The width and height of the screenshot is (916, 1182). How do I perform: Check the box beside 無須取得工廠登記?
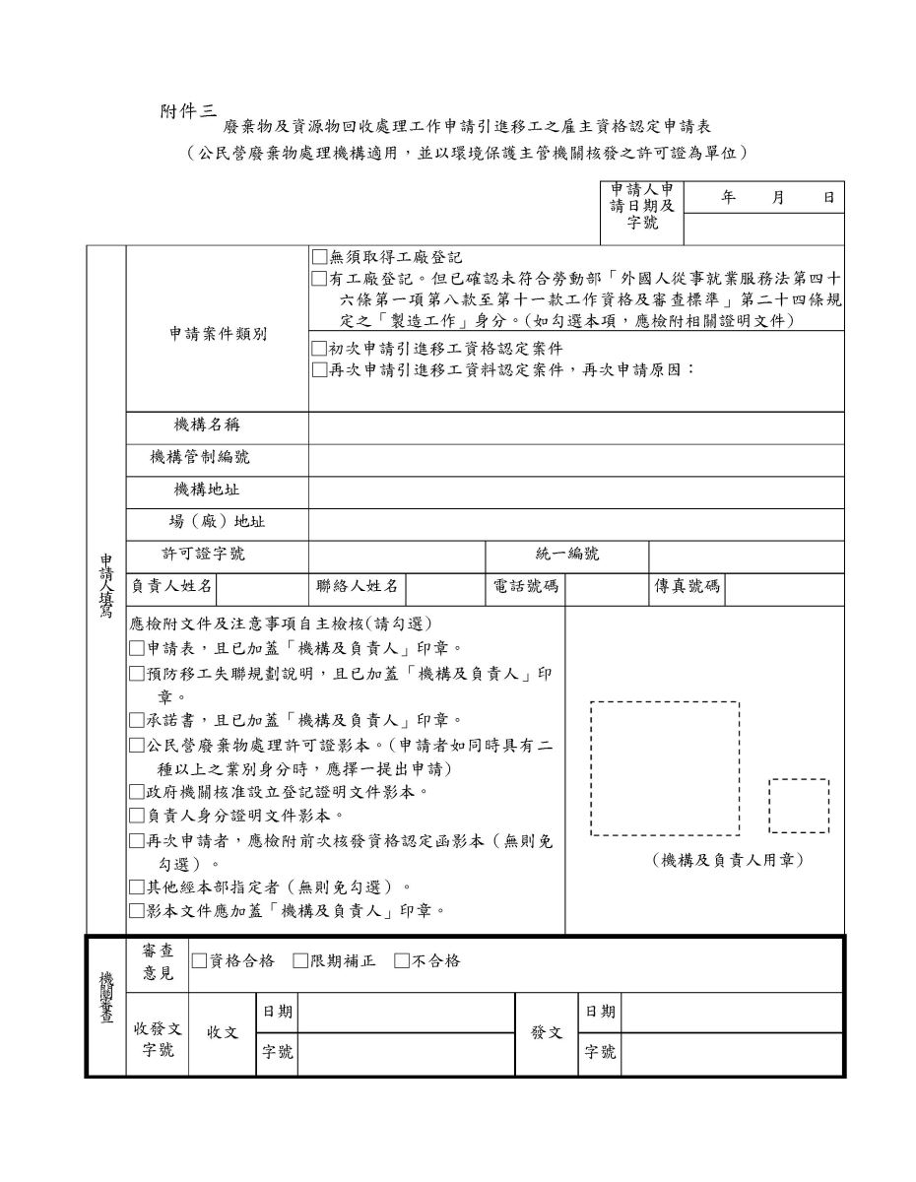point(318,258)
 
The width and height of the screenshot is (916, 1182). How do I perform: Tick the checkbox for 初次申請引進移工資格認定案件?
point(318,349)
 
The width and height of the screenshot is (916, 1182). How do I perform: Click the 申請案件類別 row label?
point(217,334)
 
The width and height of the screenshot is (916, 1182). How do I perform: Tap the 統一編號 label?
point(567,555)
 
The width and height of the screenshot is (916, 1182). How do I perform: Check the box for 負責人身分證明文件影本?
point(137,816)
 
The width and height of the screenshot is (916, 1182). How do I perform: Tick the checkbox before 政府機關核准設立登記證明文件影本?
point(137,792)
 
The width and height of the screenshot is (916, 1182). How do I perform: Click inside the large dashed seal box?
point(664,768)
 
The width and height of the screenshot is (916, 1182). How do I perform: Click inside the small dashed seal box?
point(798,806)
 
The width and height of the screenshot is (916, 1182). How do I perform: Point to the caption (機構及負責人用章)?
point(728,861)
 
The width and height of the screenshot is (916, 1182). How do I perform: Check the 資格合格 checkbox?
point(199,961)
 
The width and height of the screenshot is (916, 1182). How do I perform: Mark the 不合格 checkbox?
point(401,961)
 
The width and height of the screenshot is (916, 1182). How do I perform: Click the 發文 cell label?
point(547,1033)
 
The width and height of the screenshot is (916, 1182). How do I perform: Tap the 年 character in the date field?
point(729,198)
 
